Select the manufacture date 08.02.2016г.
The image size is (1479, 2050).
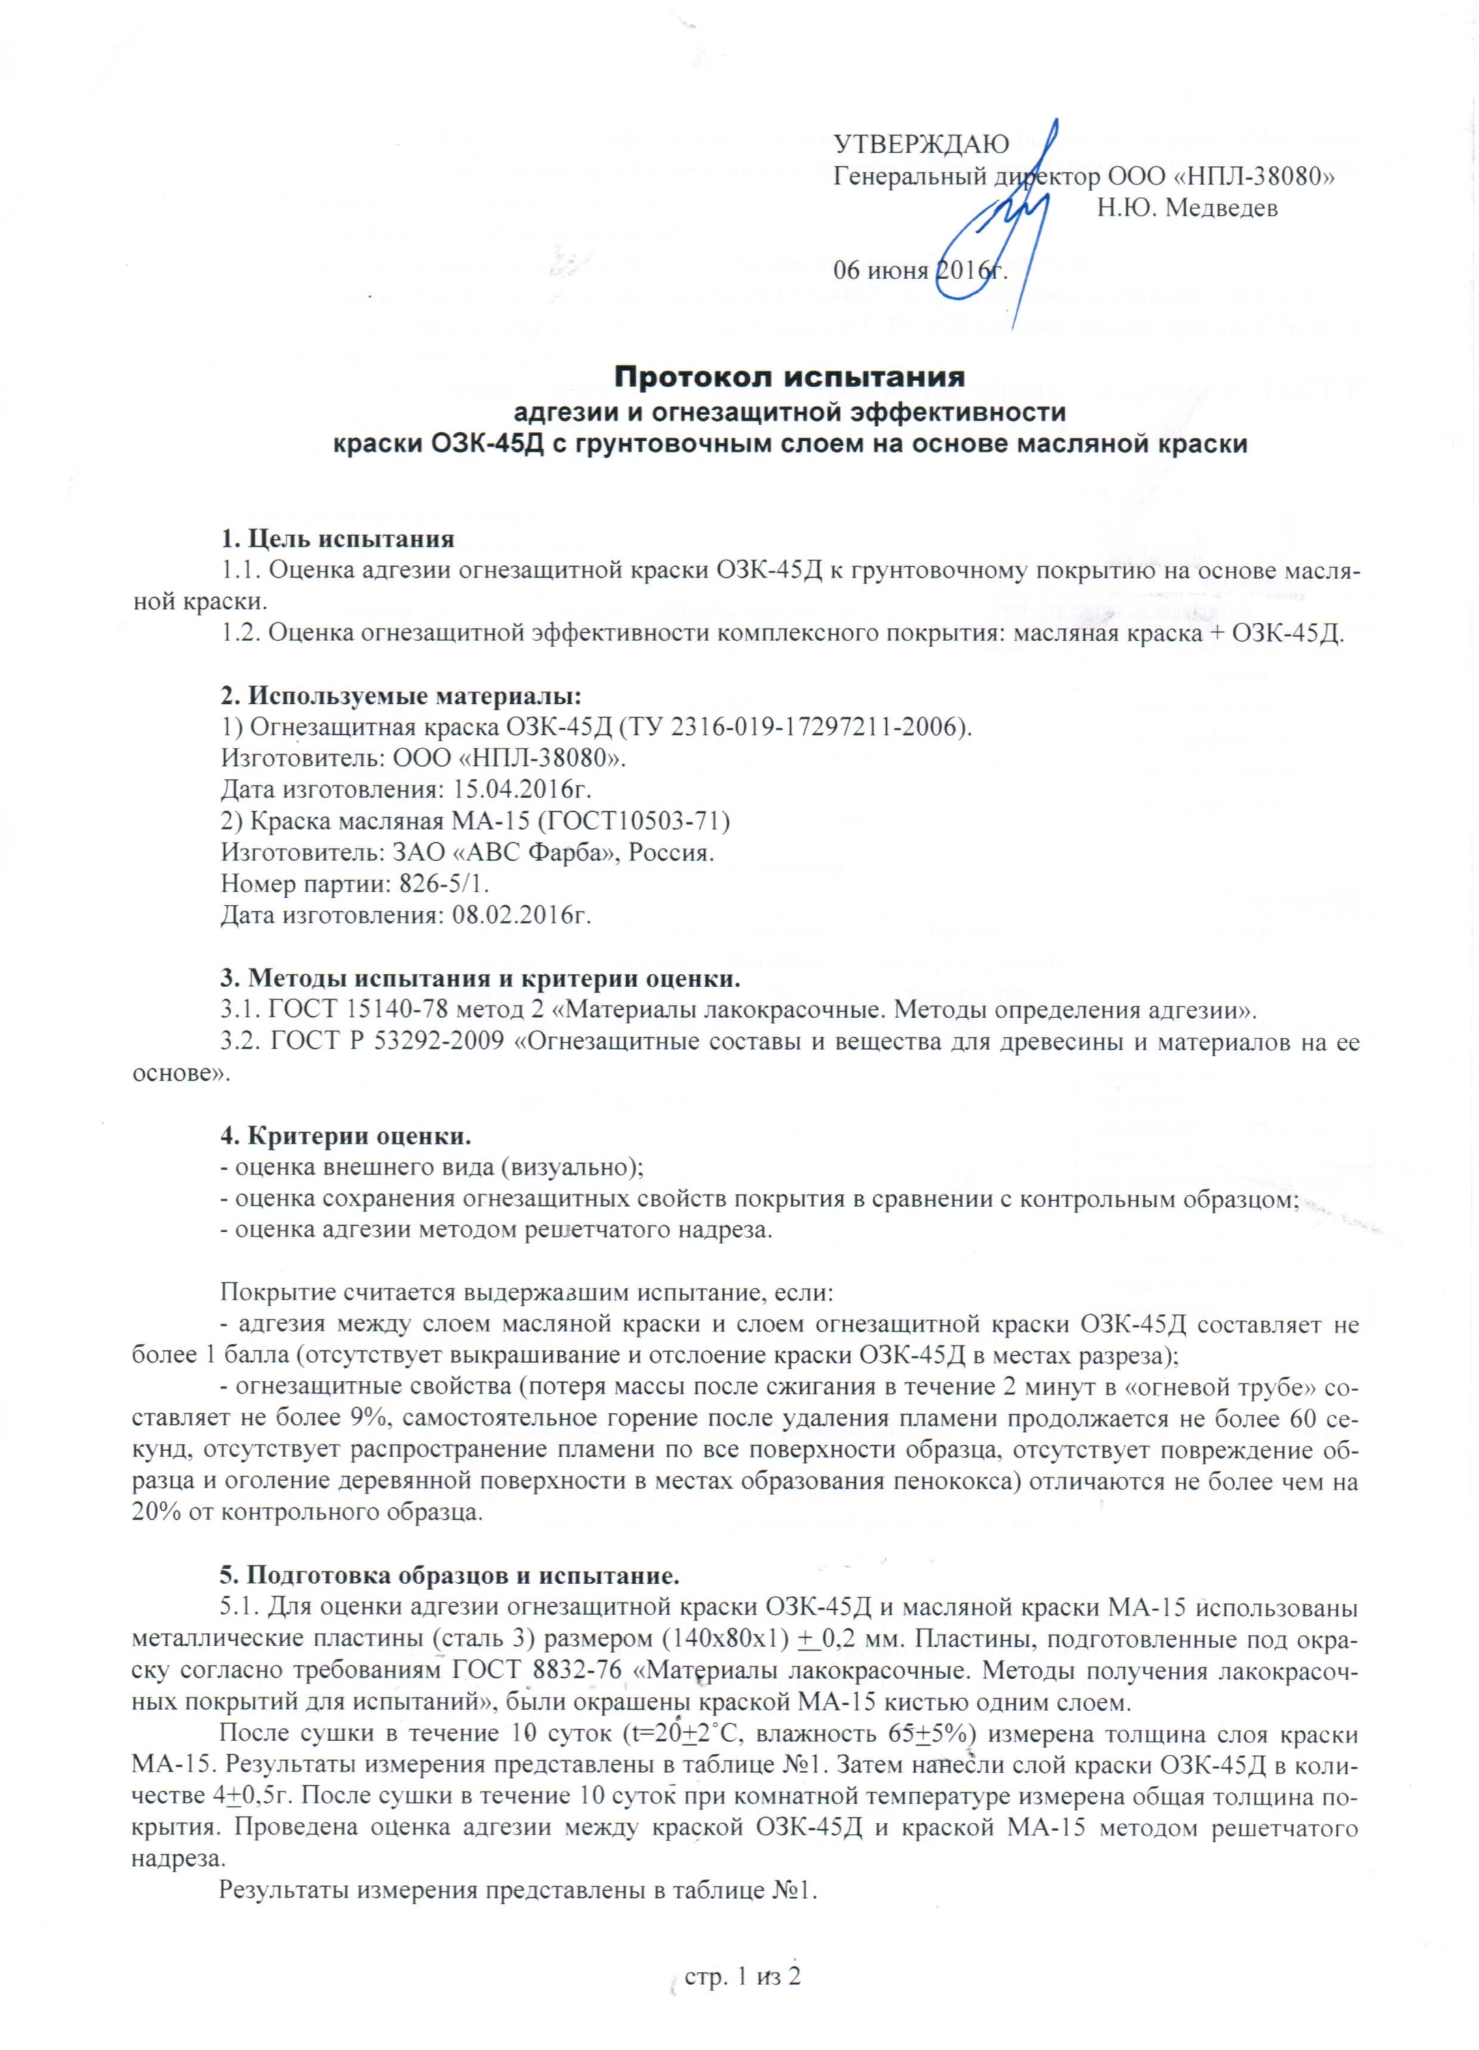click(x=516, y=914)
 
